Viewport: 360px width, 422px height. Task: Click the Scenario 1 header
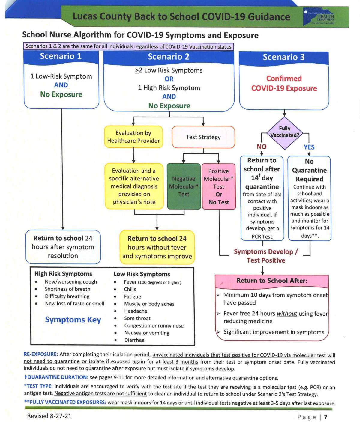[x=61, y=56]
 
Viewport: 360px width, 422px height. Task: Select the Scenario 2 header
[x=169, y=57]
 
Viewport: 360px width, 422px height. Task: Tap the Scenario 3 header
[x=284, y=57]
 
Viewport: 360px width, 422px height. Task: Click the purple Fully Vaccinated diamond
[x=285, y=132]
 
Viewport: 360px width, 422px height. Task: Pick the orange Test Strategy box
[x=203, y=137]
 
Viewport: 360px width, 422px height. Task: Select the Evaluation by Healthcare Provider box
[x=133, y=137]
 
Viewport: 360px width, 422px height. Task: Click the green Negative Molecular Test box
[x=184, y=186]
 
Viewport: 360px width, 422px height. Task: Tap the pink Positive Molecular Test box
[x=219, y=186]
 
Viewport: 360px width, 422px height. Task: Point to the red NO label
[x=262, y=147]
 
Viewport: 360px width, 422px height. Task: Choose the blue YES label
[x=309, y=147]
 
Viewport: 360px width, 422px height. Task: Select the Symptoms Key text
[x=73, y=320]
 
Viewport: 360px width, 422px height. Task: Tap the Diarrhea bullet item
[x=134, y=340]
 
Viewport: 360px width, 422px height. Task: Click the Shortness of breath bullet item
[x=67, y=289]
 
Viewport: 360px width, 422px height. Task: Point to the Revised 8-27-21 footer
[x=49, y=416]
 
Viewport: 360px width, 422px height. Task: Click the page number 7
[x=326, y=417]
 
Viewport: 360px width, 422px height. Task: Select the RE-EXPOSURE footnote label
[x=41, y=355]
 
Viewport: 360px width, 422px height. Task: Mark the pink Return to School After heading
[x=272, y=281]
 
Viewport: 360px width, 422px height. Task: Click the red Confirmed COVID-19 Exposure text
[x=284, y=83]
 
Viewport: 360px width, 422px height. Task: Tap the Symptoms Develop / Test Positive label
[x=266, y=256]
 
